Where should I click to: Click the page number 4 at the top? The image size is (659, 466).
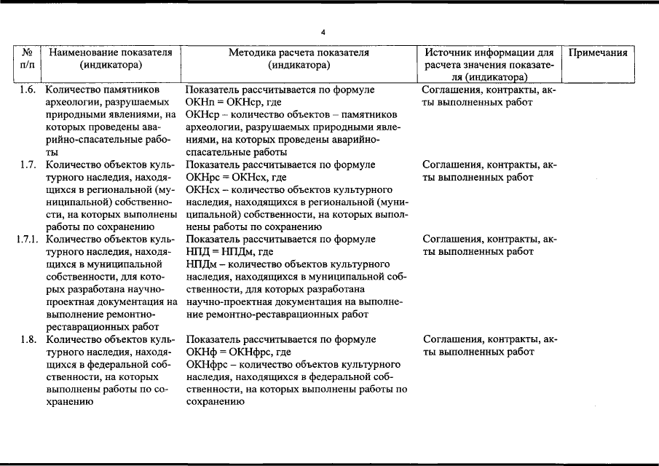point(323,32)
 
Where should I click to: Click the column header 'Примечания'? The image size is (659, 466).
point(597,53)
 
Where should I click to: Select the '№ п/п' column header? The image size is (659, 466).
point(27,59)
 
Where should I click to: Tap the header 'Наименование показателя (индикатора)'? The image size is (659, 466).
point(110,59)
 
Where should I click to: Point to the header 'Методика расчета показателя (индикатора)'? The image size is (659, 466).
point(299,59)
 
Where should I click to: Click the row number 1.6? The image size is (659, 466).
point(28,90)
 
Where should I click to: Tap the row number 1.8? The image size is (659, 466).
point(28,339)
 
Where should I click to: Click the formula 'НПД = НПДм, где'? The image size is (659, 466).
point(229,252)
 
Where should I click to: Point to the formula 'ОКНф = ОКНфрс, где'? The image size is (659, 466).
point(238,352)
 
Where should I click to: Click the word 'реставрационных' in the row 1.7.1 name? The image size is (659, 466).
point(81,327)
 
